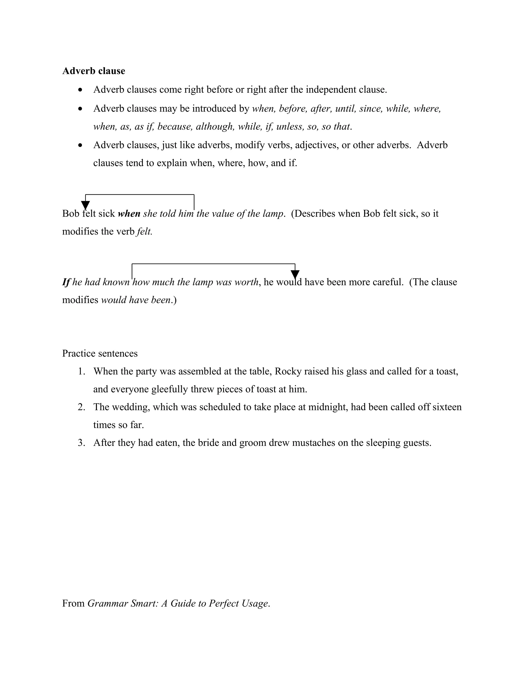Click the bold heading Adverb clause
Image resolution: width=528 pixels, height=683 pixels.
(x=94, y=71)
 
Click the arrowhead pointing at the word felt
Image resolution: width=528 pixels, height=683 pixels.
(x=85, y=205)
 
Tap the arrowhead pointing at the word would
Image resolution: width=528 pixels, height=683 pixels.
(x=295, y=274)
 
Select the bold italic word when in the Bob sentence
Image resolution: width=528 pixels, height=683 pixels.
(x=129, y=214)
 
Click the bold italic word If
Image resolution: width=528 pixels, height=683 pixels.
(x=66, y=282)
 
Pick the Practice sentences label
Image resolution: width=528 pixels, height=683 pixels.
(x=100, y=353)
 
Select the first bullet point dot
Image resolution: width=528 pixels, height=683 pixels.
(x=81, y=90)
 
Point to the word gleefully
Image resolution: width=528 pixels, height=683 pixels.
(x=169, y=389)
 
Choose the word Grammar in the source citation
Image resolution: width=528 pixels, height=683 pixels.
(x=107, y=603)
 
